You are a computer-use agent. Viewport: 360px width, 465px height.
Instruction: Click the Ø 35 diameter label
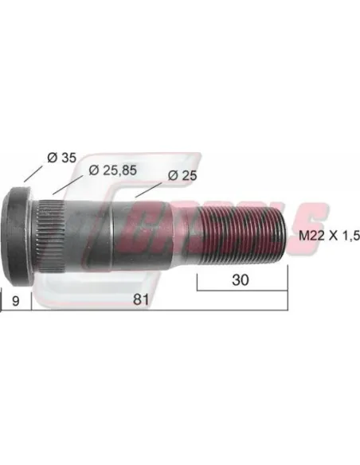pyautogui.click(x=61, y=158)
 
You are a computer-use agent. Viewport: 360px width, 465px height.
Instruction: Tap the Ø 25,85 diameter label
pyautogui.click(x=112, y=170)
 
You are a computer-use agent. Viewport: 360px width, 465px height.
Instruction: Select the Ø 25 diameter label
pyautogui.click(x=182, y=175)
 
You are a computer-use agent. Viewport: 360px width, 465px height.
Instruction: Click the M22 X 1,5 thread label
pyautogui.click(x=329, y=236)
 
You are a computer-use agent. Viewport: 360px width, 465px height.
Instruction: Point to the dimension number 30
pyautogui.click(x=241, y=280)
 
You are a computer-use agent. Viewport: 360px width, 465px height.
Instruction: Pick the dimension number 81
pyautogui.click(x=141, y=299)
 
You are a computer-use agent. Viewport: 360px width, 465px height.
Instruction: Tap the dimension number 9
pyautogui.click(x=16, y=301)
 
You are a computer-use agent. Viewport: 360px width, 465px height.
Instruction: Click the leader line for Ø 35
pyautogui.click(x=33, y=174)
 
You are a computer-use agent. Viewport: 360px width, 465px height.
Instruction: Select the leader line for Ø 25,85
pyautogui.click(x=68, y=185)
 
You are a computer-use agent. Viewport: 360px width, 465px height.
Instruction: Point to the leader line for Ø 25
pyautogui.click(x=149, y=190)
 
